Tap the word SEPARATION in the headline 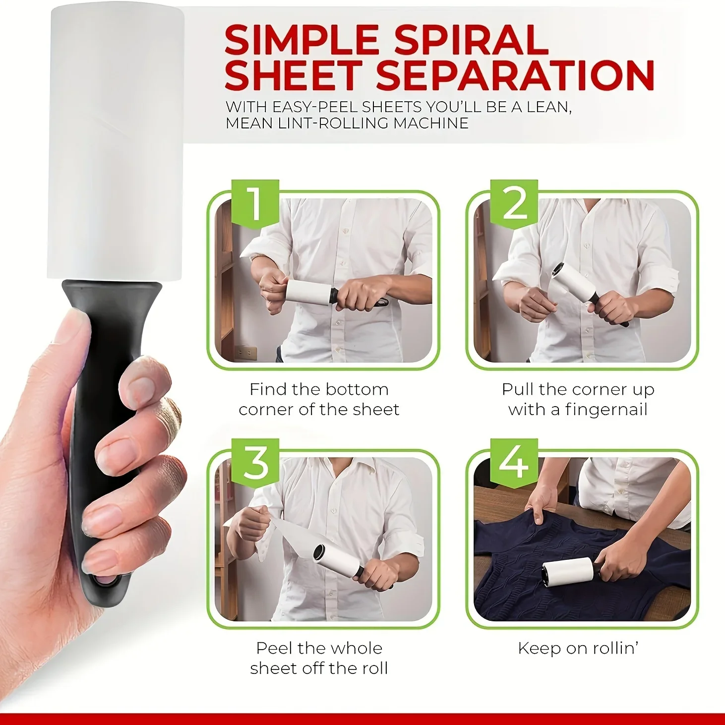click(x=516, y=75)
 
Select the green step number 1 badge click(x=255, y=203)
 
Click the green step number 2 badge click(x=514, y=203)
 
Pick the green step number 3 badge click(x=255, y=462)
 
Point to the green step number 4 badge click(x=514, y=462)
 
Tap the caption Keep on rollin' click(x=578, y=648)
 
